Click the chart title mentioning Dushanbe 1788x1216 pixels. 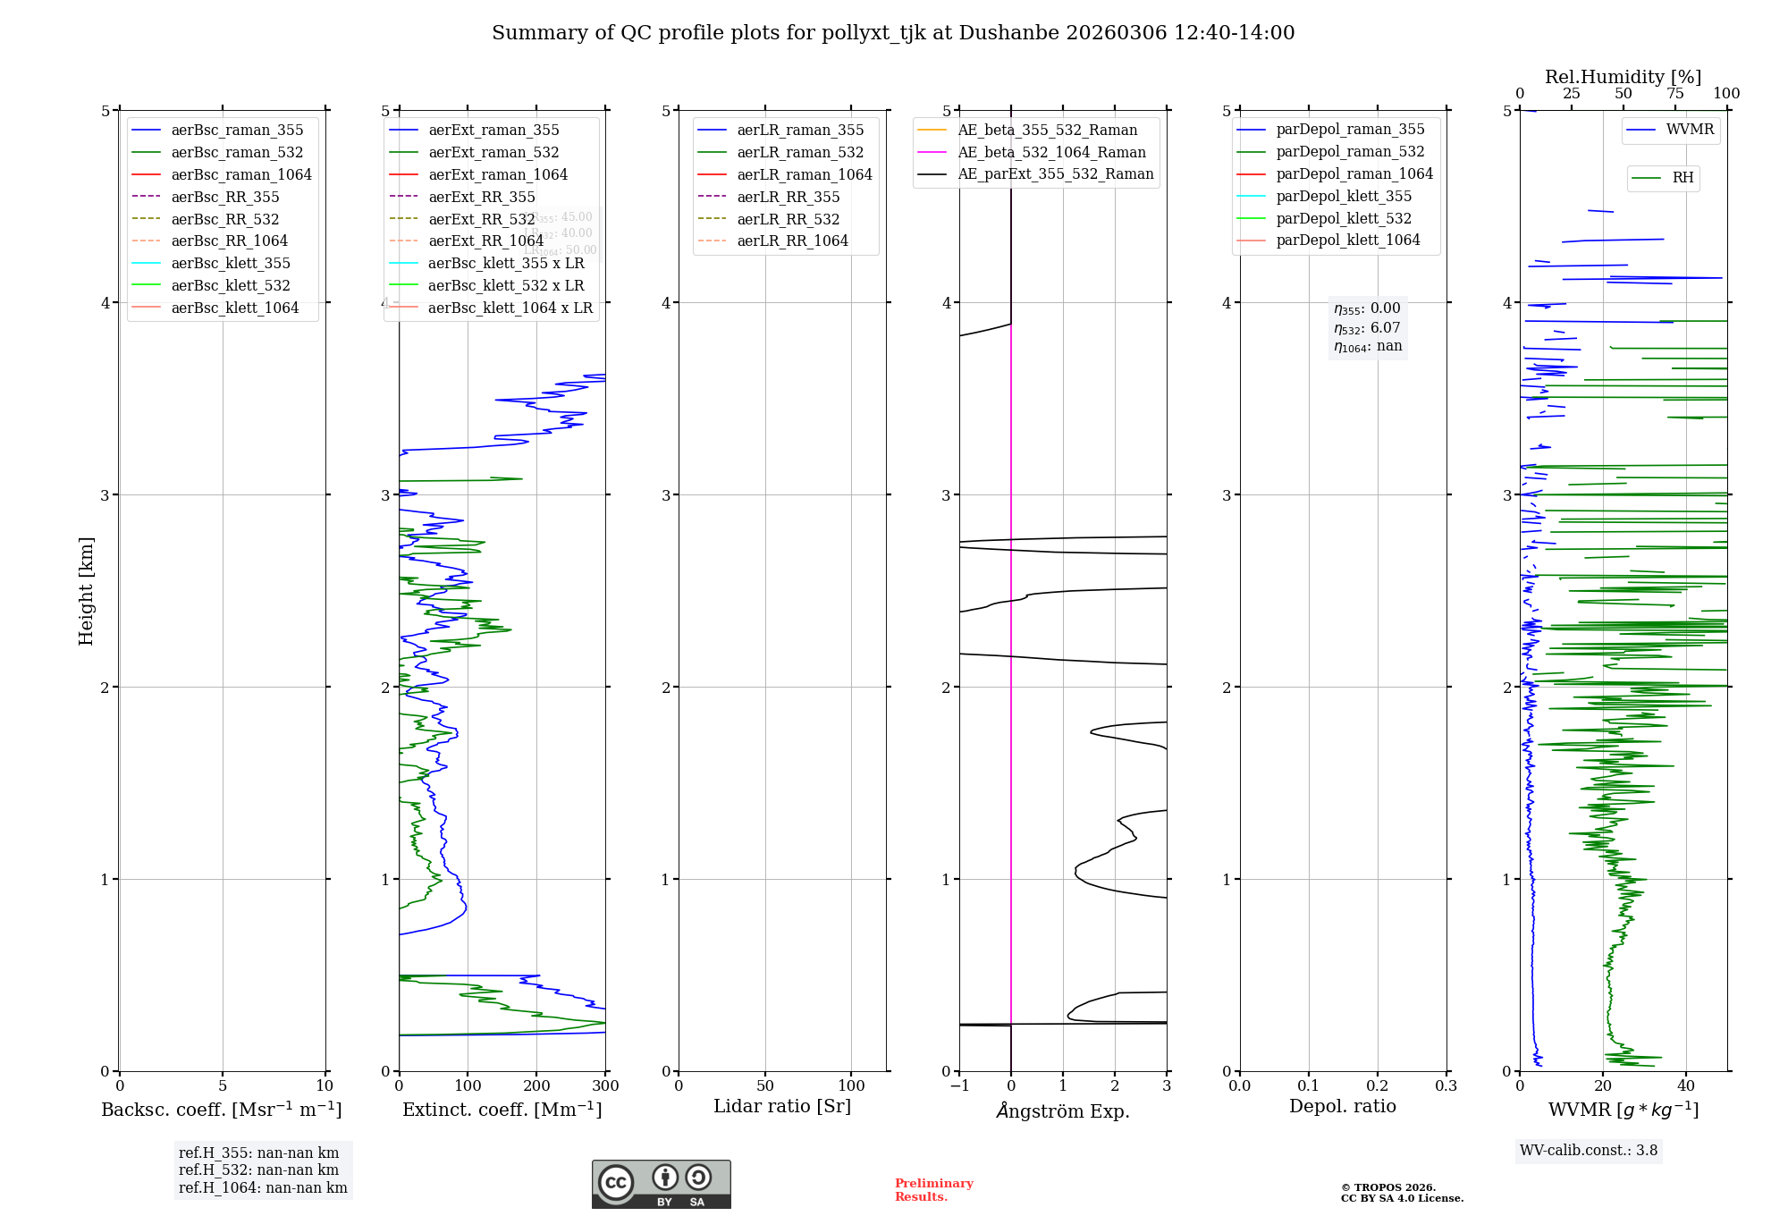click(x=893, y=33)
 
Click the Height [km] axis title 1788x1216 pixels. click(x=86, y=591)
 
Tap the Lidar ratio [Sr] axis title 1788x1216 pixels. click(x=782, y=1106)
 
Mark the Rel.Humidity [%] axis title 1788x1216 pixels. click(x=1623, y=77)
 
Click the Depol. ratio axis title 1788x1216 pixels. click(x=1342, y=1106)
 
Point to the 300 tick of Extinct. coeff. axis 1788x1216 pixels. click(x=605, y=1086)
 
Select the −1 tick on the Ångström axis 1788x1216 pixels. click(x=959, y=1086)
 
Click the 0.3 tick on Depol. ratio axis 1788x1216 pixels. click(x=1446, y=1086)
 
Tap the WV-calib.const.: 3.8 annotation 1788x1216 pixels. click(x=1589, y=1151)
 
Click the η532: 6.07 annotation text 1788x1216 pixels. click(x=1367, y=328)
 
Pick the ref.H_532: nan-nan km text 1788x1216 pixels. click(x=258, y=1170)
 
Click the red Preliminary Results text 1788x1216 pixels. click(x=933, y=1190)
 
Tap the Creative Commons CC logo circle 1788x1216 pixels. click(x=616, y=1182)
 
